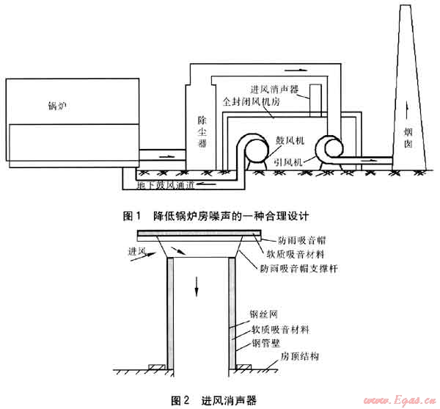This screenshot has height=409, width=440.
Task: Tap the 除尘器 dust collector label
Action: tap(202, 131)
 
